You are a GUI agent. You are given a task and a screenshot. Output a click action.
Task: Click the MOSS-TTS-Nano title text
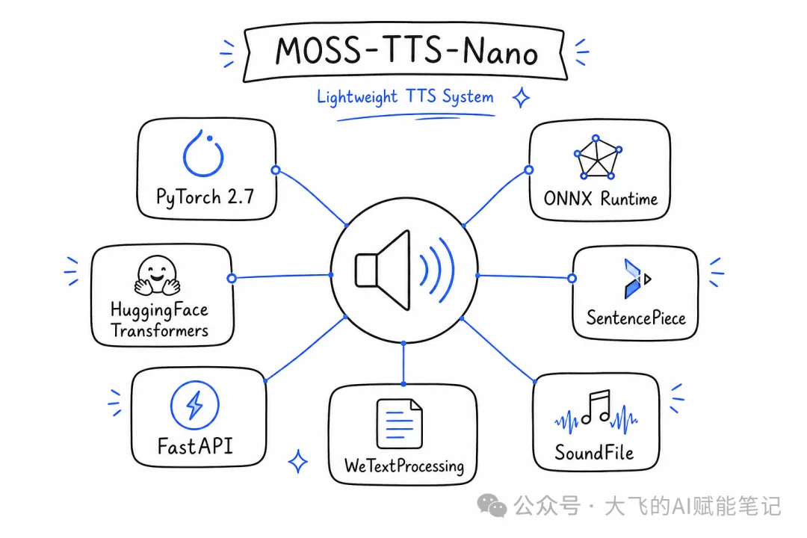point(406,52)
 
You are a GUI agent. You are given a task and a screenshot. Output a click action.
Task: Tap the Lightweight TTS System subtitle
point(405,97)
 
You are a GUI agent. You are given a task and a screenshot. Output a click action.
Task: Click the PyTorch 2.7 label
point(205,197)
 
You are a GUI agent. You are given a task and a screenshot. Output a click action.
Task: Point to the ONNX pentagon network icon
point(598,158)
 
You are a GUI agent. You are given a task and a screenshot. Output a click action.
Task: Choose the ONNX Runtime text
point(601,199)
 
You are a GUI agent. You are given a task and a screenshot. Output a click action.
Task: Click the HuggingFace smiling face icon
point(157,276)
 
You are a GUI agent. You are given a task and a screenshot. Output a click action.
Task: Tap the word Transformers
point(160,330)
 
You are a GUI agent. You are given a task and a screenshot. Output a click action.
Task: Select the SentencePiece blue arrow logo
point(637,279)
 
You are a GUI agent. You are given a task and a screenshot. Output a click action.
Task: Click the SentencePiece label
point(636,318)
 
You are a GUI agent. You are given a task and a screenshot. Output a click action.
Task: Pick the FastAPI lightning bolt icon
point(194,405)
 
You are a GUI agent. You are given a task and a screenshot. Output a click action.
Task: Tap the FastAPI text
point(195,446)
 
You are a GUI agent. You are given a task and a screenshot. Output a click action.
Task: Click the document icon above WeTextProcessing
point(399,424)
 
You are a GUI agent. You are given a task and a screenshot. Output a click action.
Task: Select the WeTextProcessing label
point(404,466)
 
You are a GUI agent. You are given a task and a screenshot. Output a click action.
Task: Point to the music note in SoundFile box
point(596,406)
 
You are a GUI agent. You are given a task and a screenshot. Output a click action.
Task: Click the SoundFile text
point(594,453)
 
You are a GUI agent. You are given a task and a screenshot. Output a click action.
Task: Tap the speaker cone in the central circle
point(383,270)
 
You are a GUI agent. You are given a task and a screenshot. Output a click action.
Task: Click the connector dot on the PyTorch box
point(276,170)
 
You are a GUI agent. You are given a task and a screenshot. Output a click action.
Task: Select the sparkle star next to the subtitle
point(522,97)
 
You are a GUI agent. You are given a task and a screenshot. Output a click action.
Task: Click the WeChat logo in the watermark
point(492,505)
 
